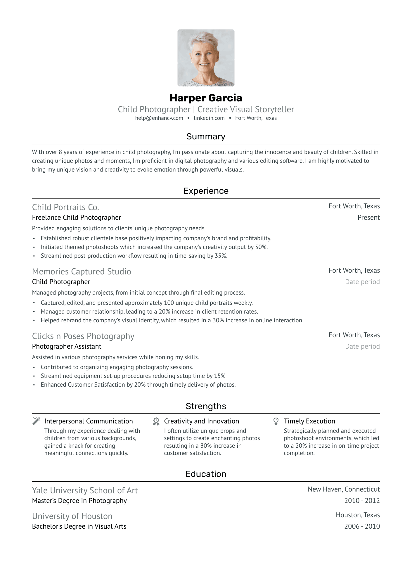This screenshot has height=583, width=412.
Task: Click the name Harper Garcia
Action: click(x=206, y=98)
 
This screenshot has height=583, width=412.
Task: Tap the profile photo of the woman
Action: click(x=206, y=58)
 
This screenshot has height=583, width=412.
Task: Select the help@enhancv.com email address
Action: click(x=159, y=118)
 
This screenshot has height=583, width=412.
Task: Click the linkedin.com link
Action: click(x=209, y=118)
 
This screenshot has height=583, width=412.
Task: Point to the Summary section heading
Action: click(x=206, y=136)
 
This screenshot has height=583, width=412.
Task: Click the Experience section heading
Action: click(x=206, y=191)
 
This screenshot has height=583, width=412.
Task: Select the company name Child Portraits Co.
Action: click(x=65, y=207)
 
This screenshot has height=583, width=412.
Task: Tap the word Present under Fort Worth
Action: click(x=368, y=217)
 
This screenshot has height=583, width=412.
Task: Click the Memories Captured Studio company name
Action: click(x=82, y=271)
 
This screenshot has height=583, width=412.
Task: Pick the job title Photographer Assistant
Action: click(x=67, y=346)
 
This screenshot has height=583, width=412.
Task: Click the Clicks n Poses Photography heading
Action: click(x=83, y=336)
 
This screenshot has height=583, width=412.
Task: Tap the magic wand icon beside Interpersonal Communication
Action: click(x=36, y=421)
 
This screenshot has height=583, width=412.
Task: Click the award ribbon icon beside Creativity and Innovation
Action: click(x=156, y=421)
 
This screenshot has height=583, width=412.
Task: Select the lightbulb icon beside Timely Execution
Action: click(x=276, y=421)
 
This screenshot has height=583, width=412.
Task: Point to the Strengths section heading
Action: click(x=206, y=406)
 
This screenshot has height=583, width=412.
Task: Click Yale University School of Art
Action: click(x=85, y=490)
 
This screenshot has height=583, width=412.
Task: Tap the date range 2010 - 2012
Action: click(x=362, y=501)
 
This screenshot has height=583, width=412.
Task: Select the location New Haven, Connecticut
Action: click(x=344, y=489)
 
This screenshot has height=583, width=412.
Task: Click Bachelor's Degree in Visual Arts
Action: click(x=79, y=526)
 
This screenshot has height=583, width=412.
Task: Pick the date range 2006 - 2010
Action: click(x=362, y=526)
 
